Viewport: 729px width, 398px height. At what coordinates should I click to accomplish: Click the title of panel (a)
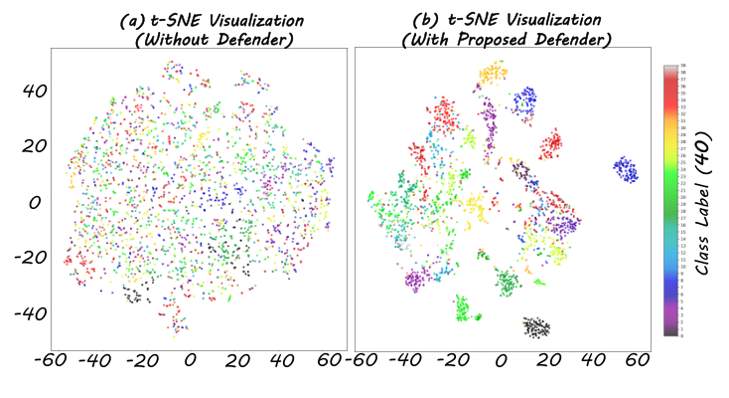[x=190, y=28]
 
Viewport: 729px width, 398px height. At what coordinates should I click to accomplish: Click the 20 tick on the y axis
[x=22, y=146]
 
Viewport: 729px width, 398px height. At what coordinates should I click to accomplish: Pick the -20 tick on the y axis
[x=18, y=258]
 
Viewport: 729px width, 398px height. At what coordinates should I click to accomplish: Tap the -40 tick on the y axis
[x=18, y=313]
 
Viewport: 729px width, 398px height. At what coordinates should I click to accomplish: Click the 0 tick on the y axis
[x=30, y=202]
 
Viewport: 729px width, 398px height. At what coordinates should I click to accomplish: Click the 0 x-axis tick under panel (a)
[x=191, y=359]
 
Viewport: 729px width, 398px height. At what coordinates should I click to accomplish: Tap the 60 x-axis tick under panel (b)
[x=637, y=359]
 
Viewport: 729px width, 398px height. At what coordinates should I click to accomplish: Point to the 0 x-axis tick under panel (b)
[x=502, y=359]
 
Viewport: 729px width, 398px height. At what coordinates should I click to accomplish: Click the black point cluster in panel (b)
[x=536, y=326]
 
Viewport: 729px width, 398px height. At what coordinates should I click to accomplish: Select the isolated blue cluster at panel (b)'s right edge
[x=625, y=169]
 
